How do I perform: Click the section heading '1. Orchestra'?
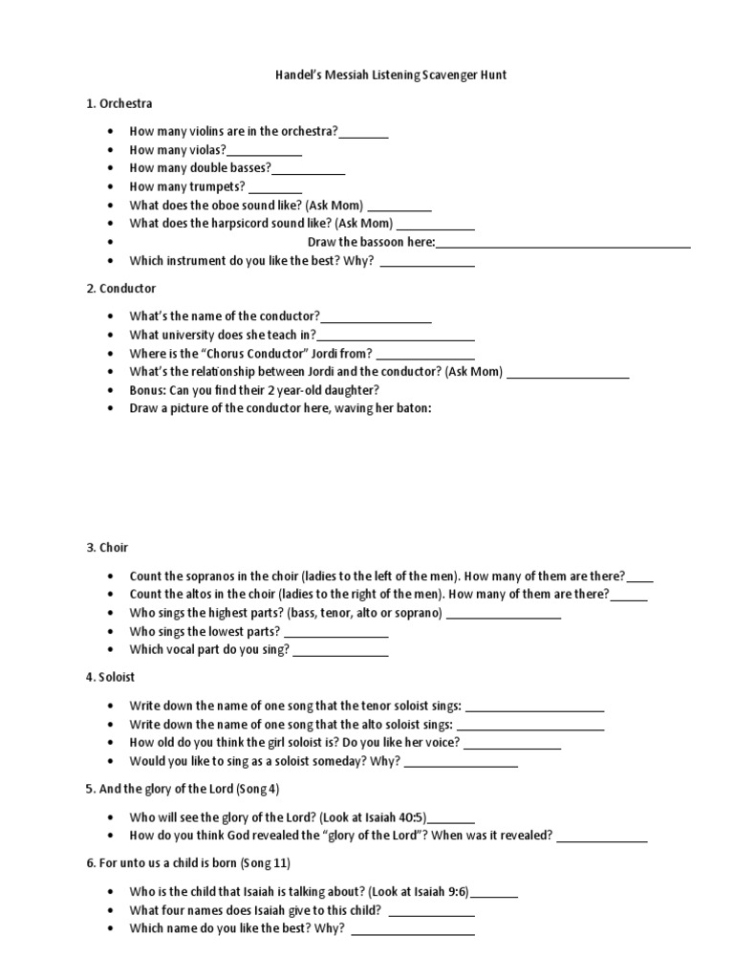[119, 103]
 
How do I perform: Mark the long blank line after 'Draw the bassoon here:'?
[563, 242]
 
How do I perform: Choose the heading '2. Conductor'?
[121, 288]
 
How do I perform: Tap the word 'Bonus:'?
[149, 390]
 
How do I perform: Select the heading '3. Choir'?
[107, 548]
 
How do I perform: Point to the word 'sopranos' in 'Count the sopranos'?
[212, 577]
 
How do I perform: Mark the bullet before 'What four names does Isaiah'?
[112, 910]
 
